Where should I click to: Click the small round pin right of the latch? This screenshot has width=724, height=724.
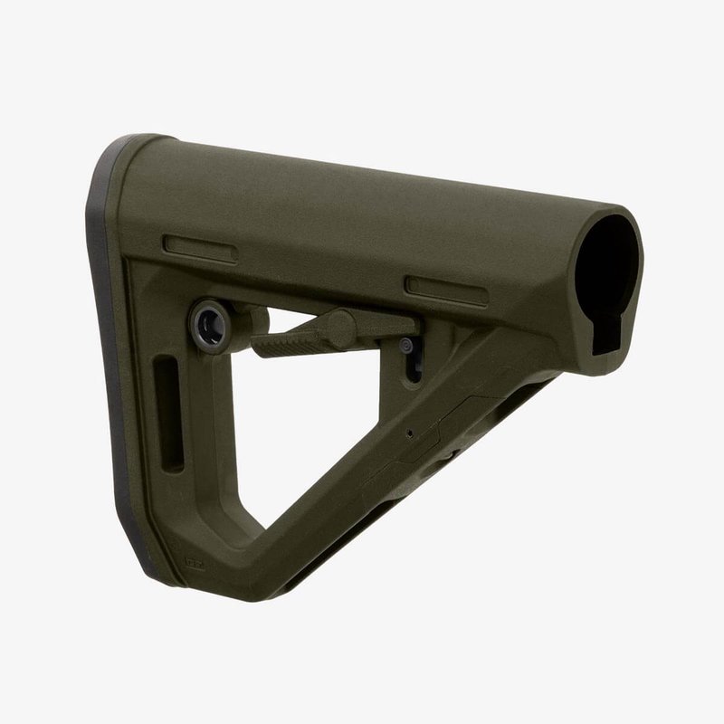click(x=406, y=345)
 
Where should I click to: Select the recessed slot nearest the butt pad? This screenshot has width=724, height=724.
click(x=200, y=248)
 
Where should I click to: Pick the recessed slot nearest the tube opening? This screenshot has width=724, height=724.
click(x=445, y=288)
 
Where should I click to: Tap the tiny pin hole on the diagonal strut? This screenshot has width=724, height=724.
click(x=410, y=433)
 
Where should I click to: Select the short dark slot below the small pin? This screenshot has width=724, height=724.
click(x=415, y=371)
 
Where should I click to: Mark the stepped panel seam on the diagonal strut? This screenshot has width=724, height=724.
click(x=443, y=425)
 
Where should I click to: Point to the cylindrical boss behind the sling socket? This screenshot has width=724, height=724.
click(x=253, y=319)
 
